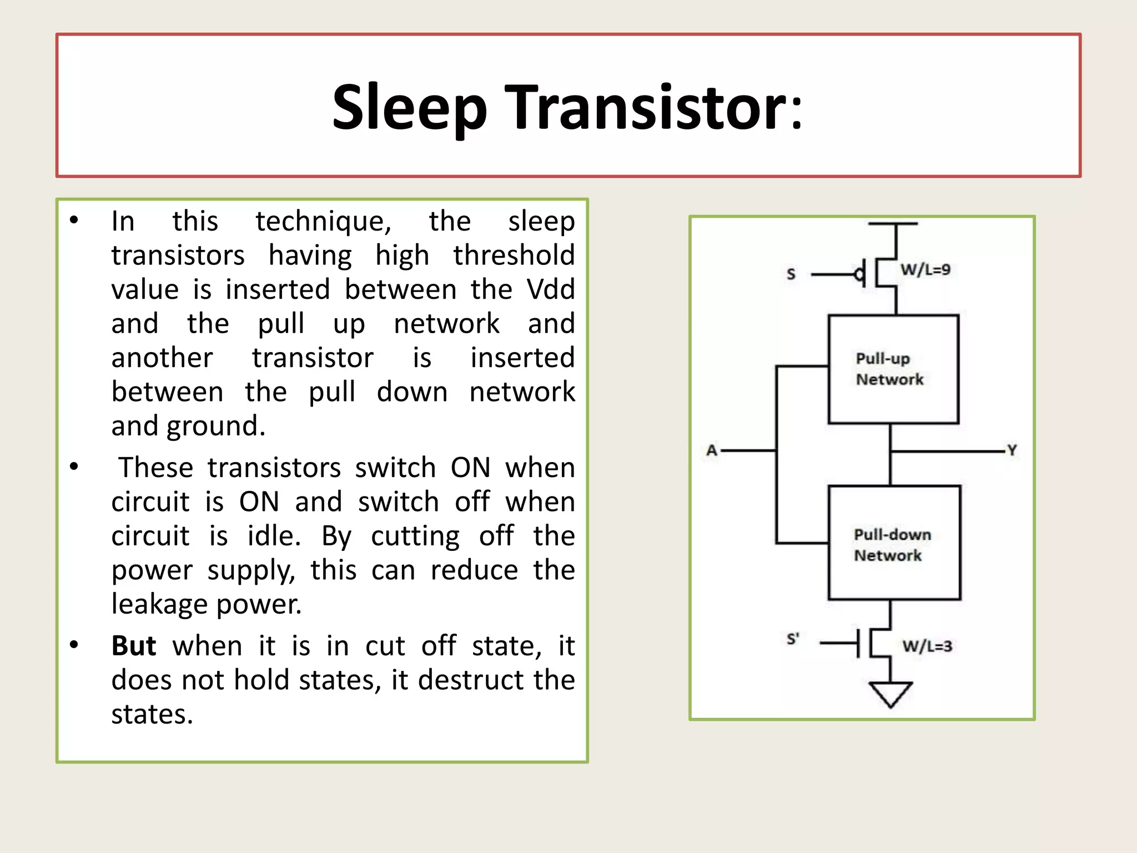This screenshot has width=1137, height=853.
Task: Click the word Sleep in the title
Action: [x=409, y=107]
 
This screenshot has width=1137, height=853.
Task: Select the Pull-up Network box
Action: [x=893, y=369]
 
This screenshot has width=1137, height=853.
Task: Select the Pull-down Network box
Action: [x=894, y=543]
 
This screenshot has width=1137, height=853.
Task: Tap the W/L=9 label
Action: [x=925, y=270]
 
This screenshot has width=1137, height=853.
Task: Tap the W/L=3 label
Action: [x=927, y=646]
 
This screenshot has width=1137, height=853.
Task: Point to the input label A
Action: [x=712, y=450]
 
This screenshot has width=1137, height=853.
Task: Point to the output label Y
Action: [x=1012, y=450]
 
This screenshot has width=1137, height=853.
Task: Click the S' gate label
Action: [x=793, y=639]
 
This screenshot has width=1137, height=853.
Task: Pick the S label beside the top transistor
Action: [x=791, y=274]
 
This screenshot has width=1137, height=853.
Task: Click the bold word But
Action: [x=134, y=646]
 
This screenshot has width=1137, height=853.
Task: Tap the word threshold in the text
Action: [x=514, y=255]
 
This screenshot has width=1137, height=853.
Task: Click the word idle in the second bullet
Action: [x=273, y=536]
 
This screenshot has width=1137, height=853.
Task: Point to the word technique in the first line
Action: [x=323, y=222]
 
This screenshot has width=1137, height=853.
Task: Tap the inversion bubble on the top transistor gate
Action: [x=859, y=274]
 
